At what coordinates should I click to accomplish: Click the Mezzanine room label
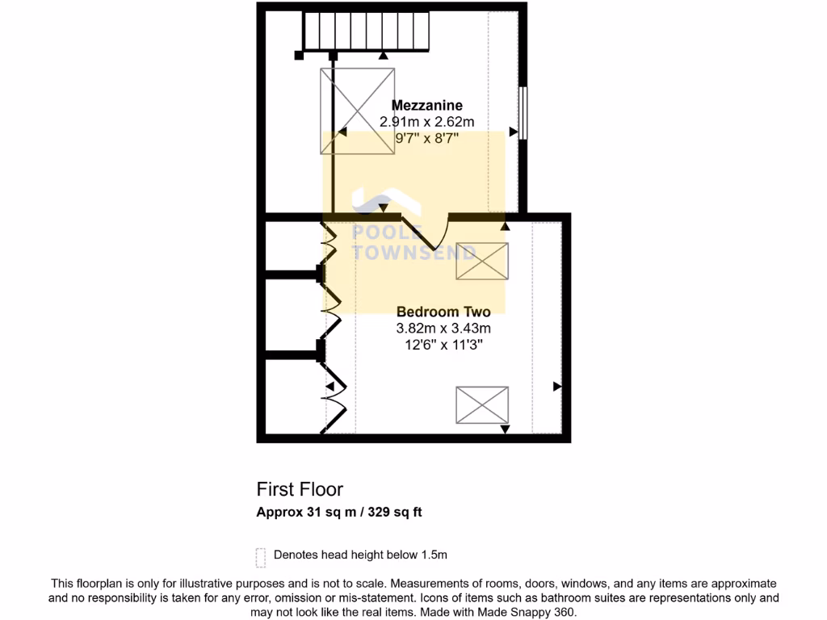426,105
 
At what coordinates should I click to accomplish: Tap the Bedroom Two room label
443,312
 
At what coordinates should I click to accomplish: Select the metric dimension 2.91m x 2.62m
426,122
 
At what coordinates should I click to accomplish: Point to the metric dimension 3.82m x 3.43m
443,329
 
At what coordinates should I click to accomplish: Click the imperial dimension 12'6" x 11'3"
443,345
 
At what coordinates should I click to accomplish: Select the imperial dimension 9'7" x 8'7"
426,138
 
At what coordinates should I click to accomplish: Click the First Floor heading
300,489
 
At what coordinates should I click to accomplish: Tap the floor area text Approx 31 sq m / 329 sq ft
338,512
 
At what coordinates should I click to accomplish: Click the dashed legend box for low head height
261,556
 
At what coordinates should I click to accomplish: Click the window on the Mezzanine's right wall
523,112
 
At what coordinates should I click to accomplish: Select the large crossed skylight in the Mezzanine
358,111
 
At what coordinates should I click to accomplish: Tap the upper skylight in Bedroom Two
482,261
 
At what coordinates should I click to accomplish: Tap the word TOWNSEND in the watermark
415,252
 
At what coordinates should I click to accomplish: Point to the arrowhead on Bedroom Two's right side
556,387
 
